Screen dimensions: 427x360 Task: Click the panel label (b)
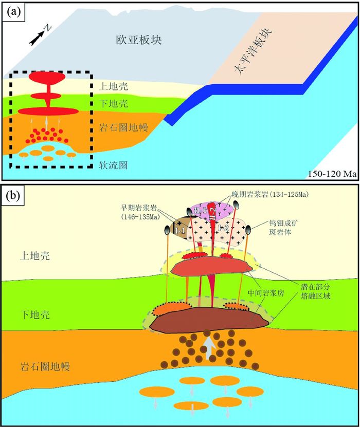pyautogui.click(x=12, y=196)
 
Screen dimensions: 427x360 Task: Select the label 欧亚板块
pyautogui.click(x=132, y=39)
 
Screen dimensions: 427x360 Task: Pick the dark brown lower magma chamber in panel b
pyautogui.click(x=209, y=320)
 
